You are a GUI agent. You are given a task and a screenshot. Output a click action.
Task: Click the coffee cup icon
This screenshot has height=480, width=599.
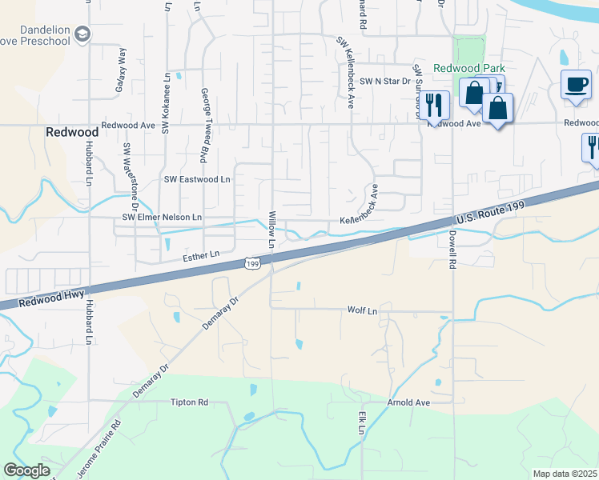[x=577, y=85]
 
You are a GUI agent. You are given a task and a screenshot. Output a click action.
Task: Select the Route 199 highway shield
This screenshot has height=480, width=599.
[x=252, y=263]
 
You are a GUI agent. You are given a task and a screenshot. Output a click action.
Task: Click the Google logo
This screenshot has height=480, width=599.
[x=26, y=470]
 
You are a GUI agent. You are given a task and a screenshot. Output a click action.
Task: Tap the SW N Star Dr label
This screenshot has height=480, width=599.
[x=384, y=82]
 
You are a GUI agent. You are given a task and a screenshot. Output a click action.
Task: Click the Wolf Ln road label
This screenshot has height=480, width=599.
[x=361, y=310]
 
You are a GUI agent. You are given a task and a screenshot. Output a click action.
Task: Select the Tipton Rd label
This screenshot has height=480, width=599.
[x=189, y=402]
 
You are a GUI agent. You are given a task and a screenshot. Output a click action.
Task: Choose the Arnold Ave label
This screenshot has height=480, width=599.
[x=408, y=402]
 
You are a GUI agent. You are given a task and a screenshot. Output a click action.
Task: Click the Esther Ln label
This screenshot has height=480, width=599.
[x=201, y=255]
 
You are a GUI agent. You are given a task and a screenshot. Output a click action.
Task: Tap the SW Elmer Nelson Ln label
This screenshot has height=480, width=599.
[x=162, y=217]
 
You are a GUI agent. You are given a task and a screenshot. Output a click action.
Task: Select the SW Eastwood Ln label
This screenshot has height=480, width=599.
[x=197, y=180]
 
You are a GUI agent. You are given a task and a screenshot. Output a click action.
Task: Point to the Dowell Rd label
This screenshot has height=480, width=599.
[x=452, y=250]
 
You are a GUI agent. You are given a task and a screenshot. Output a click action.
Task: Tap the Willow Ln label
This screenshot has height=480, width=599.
[x=271, y=229]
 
